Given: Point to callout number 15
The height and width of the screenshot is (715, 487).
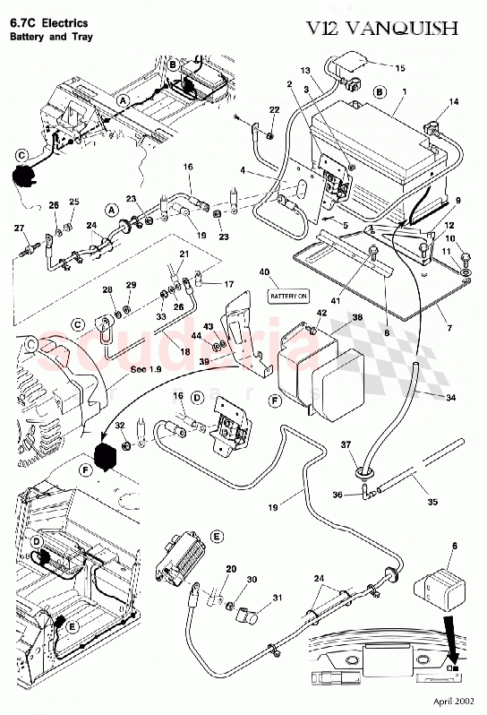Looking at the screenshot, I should tap(399, 68).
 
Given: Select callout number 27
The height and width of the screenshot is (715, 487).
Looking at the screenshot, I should tap(17, 229).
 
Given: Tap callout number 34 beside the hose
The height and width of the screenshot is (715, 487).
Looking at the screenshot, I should tap(450, 396).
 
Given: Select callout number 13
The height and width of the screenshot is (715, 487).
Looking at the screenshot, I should tap(305, 70).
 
